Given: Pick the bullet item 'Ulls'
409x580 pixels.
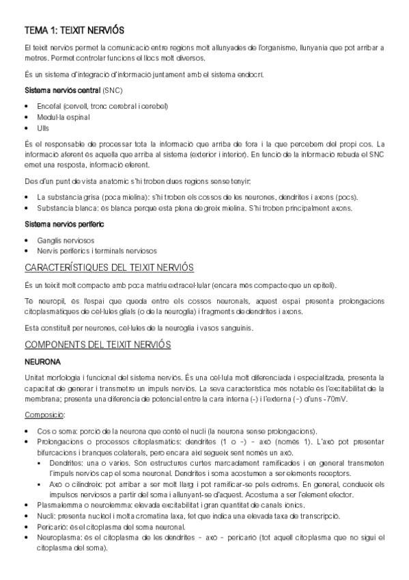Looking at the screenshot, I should coord(44,128).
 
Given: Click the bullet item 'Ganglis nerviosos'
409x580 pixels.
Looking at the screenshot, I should coord(66,240).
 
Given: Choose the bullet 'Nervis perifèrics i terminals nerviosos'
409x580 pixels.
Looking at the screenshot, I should coord(97,251).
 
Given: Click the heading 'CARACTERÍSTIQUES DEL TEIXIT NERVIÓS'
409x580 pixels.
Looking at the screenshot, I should coord(109,267).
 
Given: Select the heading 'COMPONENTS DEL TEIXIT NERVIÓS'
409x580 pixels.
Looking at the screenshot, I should coord(98,344).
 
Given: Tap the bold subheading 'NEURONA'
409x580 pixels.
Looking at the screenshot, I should coord(43,361).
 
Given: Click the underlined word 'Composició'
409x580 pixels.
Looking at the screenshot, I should coord(44,415).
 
